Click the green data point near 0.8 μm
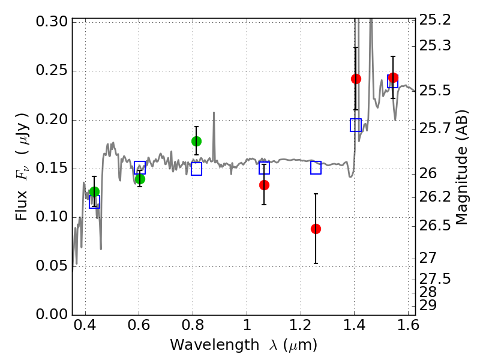pos(196,141)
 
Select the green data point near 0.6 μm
pos(140,179)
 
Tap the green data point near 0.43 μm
pos(94,192)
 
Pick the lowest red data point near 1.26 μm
pos(316,229)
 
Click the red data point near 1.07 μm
pos(264,185)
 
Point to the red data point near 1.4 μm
pos(356,79)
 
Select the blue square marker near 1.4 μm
pos(356,125)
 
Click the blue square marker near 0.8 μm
pos(196,169)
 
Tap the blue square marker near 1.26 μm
pos(316,167)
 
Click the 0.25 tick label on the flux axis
pos(52,71)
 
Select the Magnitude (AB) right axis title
pos(461,167)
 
